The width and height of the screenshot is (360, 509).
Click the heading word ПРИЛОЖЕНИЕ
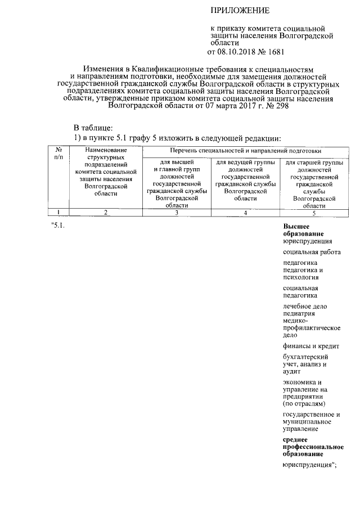(240, 11)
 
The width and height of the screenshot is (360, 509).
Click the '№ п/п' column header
(58, 154)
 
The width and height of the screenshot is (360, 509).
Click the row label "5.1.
(58, 226)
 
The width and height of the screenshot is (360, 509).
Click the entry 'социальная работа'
(311, 252)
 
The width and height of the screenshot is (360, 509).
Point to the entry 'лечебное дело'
(305, 307)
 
